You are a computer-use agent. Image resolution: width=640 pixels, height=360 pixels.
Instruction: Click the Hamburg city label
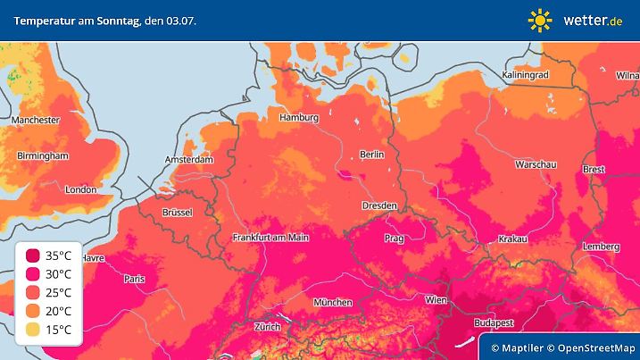pyautogui.click(x=299, y=117)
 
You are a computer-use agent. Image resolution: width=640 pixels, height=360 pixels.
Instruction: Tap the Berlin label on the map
pyautogui.click(x=371, y=155)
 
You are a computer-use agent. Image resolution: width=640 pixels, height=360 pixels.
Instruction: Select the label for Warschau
pyautogui.click(x=537, y=165)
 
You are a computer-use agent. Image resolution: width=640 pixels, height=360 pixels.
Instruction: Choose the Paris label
pyautogui.click(x=135, y=279)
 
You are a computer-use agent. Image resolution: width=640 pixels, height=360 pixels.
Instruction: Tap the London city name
pyautogui.click(x=80, y=189)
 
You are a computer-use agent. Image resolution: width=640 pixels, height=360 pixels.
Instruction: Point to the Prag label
pyautogui.click(x=395, y=239)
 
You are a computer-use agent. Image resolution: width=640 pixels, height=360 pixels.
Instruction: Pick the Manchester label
pyautogui.click(x=36, y=120)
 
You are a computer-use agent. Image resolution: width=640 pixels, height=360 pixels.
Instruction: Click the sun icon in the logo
pyautogui.click(x=540, y=20)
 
